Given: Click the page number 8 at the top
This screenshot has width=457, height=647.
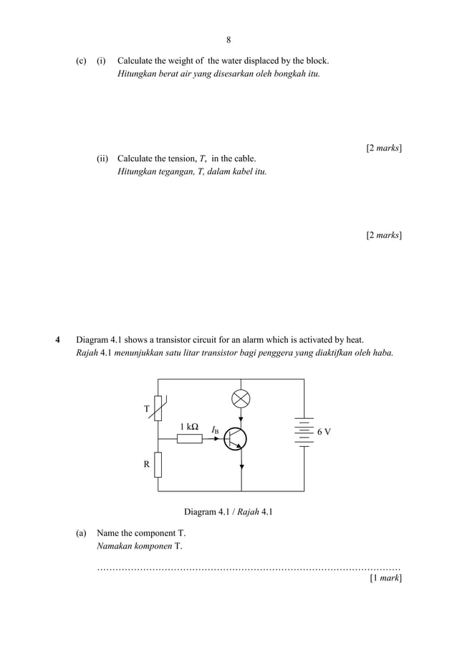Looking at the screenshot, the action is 228,40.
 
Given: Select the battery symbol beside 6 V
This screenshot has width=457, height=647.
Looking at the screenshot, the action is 304,432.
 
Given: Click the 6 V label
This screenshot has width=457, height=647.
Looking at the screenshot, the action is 324,432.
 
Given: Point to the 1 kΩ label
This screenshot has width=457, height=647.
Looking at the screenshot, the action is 189,427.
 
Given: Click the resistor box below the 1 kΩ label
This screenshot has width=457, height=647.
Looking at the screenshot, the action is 190,438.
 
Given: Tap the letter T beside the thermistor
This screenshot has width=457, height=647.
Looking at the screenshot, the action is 147,409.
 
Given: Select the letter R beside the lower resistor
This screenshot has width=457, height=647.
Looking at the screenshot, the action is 147,464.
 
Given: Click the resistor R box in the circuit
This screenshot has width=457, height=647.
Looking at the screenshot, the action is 158,464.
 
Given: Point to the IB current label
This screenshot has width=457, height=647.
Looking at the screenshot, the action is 216,430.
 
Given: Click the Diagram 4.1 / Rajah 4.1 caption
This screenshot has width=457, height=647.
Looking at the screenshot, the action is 228,512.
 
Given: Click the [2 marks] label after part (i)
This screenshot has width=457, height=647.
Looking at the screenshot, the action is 383,148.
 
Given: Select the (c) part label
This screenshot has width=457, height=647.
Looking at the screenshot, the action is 81,61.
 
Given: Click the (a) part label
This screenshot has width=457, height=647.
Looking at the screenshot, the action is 81,533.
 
